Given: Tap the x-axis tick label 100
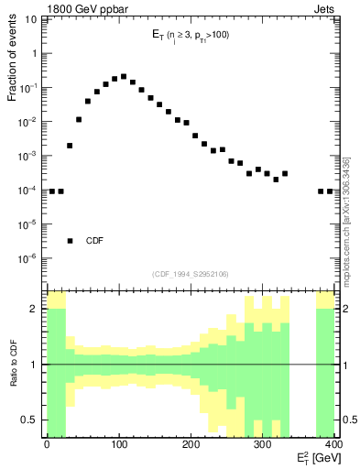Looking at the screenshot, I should (x=119, y=445).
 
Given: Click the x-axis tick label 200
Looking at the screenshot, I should (x=191, y=445).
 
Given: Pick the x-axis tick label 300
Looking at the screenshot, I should (x=263, y=445).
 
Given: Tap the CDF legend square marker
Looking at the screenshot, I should (x=70, y=241).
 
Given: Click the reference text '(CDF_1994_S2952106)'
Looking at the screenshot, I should (x=190, y=273).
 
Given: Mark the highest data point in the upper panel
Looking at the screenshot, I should (x=124, y=77).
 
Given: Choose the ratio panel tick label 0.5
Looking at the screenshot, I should (x=32, y=420).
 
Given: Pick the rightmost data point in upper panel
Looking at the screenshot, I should (x=331, y=191).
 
